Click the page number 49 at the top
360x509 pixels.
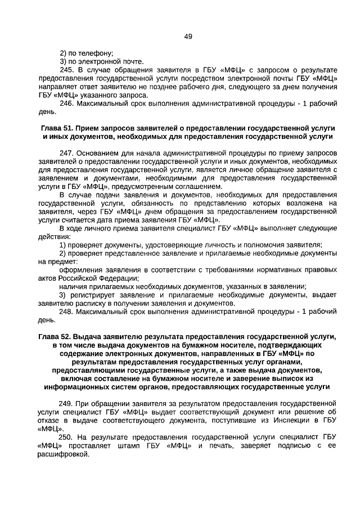[188, 37]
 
